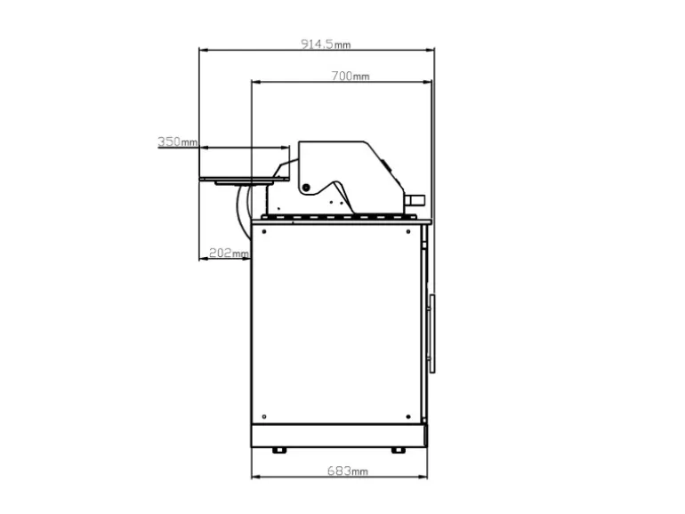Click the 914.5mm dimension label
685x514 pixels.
pyautogui.click(x=326, y=44)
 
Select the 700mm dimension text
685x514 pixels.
pyautogui.click(x=351, y=76)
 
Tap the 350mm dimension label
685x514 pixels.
pyautogui.click(x=177, y=141)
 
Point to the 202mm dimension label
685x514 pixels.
pyautogui.click(x=229, y=253)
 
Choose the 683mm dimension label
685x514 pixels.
pyautogui.click(x=347, y=470)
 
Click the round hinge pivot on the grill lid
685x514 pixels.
pyautogui.click(x=306, y=188)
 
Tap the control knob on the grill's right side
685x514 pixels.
pyautogui.click(x=415, y=200)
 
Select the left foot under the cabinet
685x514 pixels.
pyautogui.click(x=278, y=450)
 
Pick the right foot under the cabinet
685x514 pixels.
pyautogui.click(x=398, y=450)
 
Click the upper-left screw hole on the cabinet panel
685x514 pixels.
pyautogui.click(x=264, y=231)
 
